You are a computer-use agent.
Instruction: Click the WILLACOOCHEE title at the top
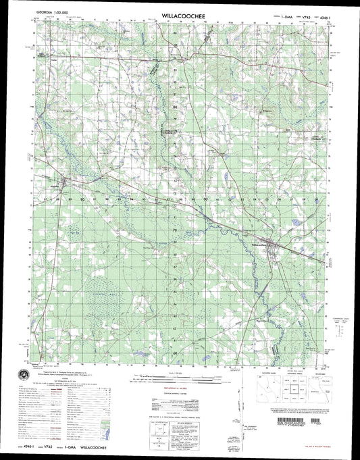click(180, 13)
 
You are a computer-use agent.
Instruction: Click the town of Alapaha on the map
click(65, 182)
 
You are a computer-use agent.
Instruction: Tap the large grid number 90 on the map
click(82, 200)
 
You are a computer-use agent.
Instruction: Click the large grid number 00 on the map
click(205, 200)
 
